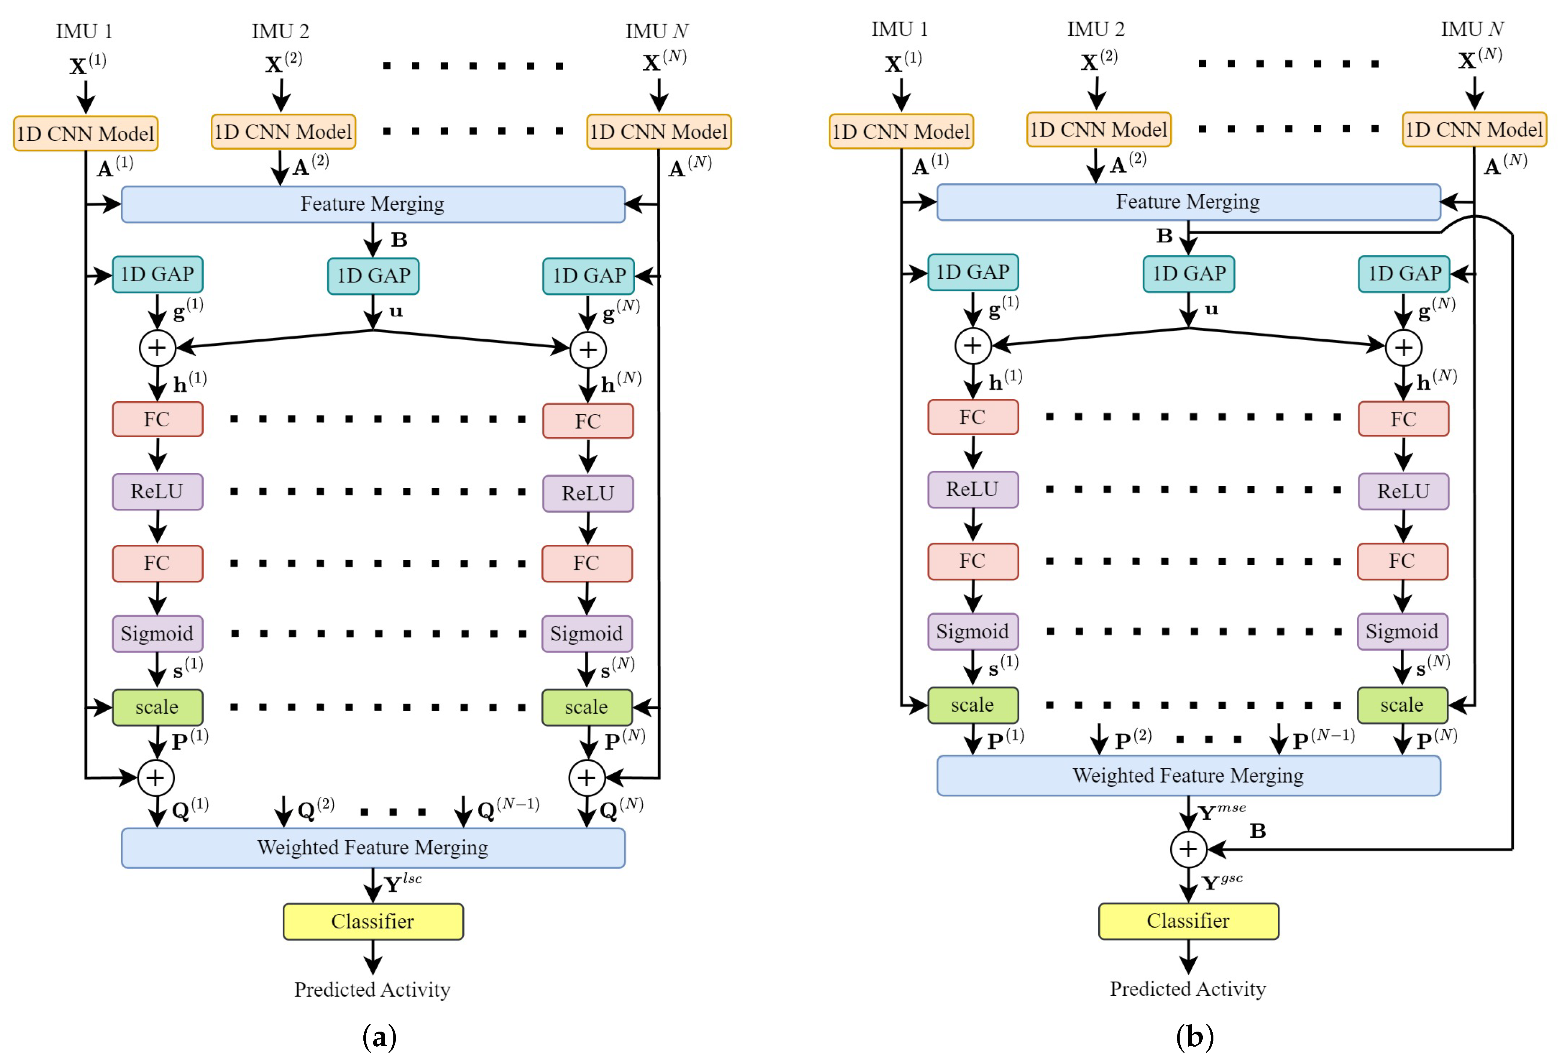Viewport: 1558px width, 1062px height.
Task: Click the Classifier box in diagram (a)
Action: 373,921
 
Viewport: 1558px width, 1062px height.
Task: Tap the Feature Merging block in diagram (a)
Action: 373,204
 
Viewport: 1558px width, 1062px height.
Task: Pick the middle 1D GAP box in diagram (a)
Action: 373,276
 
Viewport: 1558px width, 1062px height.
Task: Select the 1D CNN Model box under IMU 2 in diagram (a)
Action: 283,131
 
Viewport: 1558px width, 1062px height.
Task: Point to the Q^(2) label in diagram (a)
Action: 315,809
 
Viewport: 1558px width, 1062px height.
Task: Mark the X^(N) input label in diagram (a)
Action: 664,61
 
